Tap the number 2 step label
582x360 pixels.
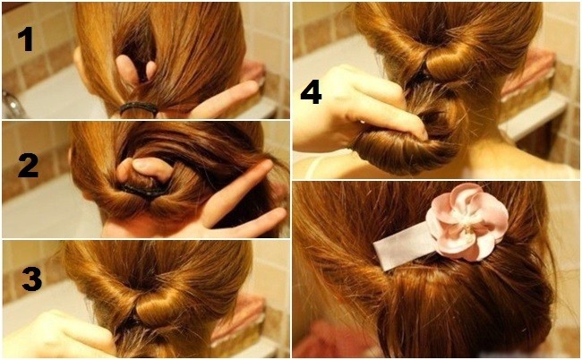click(29, 166)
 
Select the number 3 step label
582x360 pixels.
click(31, 279)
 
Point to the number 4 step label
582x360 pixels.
click(311, 93)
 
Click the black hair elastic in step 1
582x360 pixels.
click(138, 107)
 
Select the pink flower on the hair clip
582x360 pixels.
click(466, 221)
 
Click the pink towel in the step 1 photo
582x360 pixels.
click(252, 73)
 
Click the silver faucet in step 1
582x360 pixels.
click(12, 104)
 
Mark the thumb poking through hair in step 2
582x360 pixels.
click(147, 169)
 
